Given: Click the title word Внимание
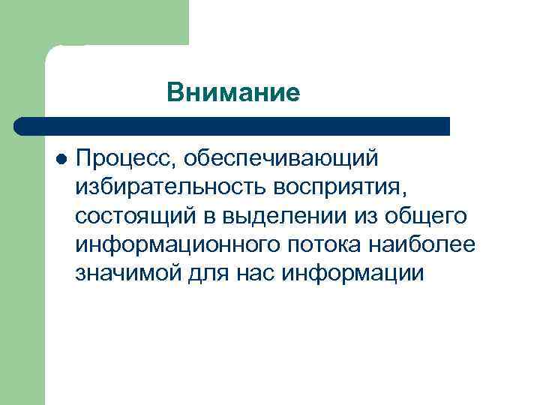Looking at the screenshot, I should pyautogui.click(x=233, y=92).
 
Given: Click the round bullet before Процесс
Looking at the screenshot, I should pyautogui.click(x=61, y=158).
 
